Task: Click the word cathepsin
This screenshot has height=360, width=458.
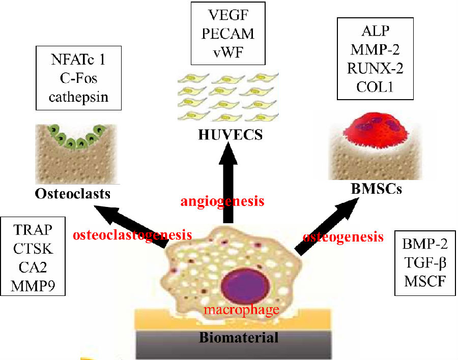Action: point(78,96)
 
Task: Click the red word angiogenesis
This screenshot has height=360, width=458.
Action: point(222,201)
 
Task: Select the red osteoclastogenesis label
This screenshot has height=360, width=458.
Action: point(132,235)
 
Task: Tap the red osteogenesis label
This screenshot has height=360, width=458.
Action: point(343,237)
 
